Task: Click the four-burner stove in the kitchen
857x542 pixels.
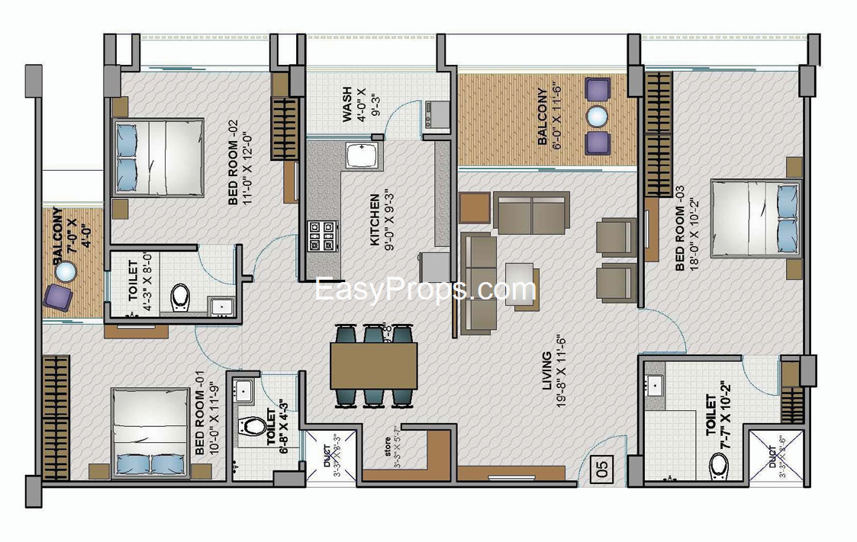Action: pos(322,236)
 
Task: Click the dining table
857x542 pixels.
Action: pos(373,365)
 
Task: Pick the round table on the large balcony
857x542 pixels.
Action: pos(597,116)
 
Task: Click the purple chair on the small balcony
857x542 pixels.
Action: pos(58,297)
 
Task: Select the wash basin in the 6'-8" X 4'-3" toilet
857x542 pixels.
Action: pos(244,390)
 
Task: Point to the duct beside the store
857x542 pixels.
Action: pos(330,456)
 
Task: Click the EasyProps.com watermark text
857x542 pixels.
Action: pos(426,290)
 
